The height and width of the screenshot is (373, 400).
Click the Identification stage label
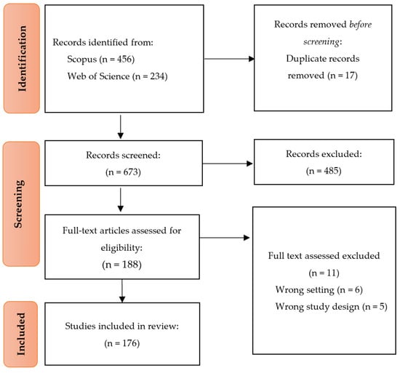[x=23, y=58]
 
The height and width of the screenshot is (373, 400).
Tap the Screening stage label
[x=19, y=204]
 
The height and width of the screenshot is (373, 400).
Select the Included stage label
[x=21, y=334]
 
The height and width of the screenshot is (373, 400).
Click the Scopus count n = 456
[x=117, y=59]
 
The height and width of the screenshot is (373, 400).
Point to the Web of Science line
[x=117, y=76]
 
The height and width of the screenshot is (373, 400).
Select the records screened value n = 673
[x=123, y=172]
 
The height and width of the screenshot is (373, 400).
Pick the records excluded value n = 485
[x=324, y=171]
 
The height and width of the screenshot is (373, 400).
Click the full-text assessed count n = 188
[x=121, y=265]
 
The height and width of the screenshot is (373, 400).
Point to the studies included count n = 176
[x=122, y=343]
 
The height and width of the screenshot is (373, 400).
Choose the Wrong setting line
[x=319, y=290]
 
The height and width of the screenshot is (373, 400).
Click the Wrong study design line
[x=331, y=307]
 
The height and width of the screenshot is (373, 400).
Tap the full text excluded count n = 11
[x=324, y=273]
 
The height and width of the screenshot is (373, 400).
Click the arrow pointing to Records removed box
[x=229, y=59]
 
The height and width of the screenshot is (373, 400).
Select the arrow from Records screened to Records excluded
[x=228, y=164]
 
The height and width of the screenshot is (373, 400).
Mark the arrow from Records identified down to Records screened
[x=121, y=127]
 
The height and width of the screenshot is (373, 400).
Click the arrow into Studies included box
[x=122, y=291]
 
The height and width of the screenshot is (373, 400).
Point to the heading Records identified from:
[x=103, y=42]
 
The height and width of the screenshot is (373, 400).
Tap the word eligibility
[x=121, y=247]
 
